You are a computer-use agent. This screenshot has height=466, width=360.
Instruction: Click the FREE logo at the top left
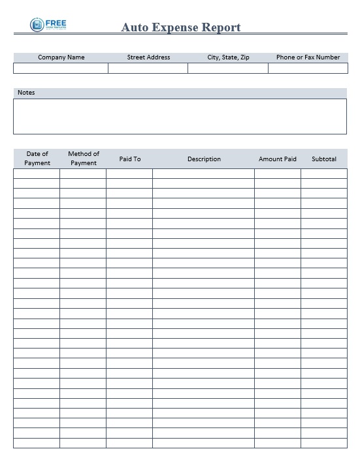(48, 25)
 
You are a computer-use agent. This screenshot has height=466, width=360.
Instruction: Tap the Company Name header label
(61, 57)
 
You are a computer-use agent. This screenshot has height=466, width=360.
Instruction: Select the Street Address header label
(148, 57)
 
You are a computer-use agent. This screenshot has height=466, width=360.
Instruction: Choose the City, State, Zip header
(228, 57)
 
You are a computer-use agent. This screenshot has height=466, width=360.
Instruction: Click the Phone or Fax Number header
(308, 57)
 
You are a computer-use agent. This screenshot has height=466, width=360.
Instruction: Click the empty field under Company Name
(61, 68)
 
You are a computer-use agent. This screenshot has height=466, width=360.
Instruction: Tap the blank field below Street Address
(148, 68)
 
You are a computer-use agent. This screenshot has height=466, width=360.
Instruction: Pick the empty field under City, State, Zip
(228, 68)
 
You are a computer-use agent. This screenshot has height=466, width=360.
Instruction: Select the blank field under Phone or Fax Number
(308, 68)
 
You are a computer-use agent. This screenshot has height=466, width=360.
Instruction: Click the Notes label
(26, 93)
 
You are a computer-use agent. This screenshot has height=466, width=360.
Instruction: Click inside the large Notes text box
(180, 116)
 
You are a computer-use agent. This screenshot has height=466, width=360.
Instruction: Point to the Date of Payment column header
(37, 159)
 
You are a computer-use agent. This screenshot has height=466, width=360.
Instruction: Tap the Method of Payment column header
(83, 159)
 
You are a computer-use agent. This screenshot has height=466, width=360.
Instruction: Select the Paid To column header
(129, 159)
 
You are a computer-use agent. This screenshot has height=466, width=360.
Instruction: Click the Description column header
(204, 159)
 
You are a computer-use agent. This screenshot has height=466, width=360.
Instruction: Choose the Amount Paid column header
(278, 159)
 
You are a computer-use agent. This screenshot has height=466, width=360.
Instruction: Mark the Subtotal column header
(324, 159)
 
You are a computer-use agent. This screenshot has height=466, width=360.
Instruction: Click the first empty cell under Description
(204, 174)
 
